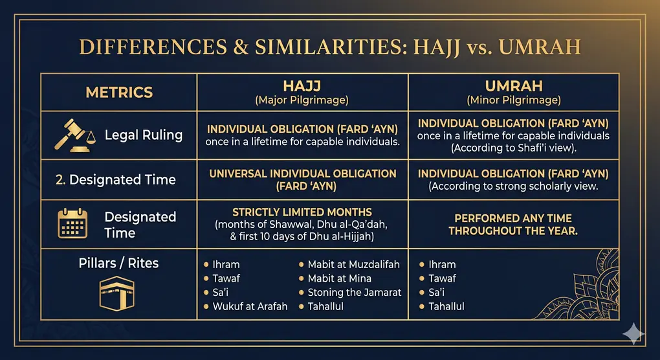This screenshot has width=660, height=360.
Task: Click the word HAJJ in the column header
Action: coord(302,87)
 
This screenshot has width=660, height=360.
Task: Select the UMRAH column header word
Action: coord(513,87)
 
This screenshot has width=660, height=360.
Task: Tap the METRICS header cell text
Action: coord(119,92)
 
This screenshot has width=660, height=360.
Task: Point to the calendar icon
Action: coord(72,224)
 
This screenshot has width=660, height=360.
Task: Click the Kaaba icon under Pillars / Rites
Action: coord(118,295)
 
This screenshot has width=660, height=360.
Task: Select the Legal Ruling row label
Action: coord(144,135)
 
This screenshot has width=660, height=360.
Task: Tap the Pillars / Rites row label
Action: coord(118,263)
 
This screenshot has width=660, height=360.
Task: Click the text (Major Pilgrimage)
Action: coord(302,100)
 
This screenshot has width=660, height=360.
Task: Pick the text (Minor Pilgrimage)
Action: coord(513,100)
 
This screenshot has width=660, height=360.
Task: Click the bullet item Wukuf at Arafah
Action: coord(250,306)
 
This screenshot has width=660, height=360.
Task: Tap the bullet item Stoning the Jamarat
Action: coord(354,292)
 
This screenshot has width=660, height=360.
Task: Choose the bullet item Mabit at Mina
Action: coord(339,278)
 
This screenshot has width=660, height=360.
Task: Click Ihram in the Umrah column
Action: coord(442,264)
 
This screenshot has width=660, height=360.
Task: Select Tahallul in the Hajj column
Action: coord(325,306)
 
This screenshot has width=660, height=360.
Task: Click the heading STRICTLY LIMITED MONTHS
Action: coord(302,212)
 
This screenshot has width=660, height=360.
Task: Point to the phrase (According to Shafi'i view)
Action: coord(513,147)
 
